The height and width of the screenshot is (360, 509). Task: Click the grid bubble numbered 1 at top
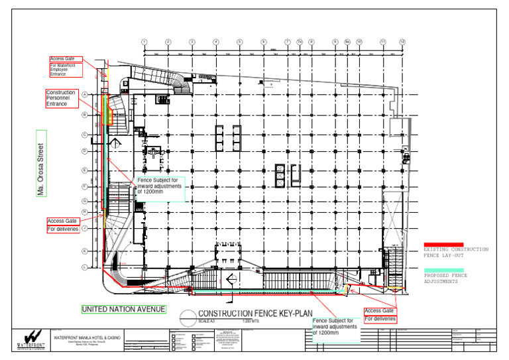(x=144, y=42)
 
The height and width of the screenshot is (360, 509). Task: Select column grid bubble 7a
(x=300, y=42)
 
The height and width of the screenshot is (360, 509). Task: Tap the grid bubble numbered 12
(x=402, y=42)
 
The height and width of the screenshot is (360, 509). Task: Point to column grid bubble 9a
(x=347, y=42)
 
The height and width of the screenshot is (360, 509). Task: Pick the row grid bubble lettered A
(x=85, y=94)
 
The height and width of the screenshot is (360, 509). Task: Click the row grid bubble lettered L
(x=85, y=267)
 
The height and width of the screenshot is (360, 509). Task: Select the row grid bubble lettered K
(x=85, y=251)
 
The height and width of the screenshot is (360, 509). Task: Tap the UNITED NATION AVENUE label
(x=123, y=310)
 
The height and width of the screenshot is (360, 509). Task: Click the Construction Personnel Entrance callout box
(x=62, y=98)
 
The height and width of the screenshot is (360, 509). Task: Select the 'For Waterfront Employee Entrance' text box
(x=64, y=70)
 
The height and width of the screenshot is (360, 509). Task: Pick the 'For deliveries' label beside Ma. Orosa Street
(x=64, y=229)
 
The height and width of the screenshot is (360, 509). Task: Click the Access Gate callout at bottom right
(x=380, y=311)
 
